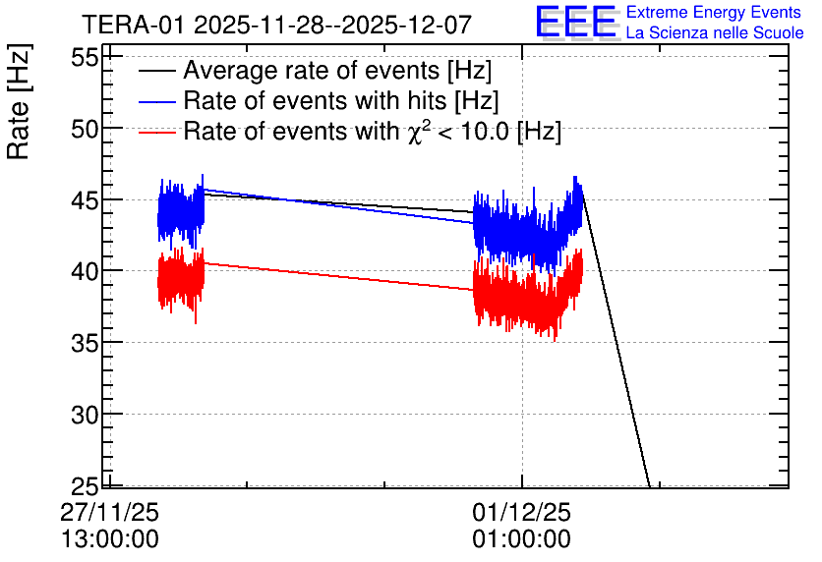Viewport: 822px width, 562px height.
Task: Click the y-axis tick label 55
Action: pos(85,57)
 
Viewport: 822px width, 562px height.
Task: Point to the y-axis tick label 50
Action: pos(85,129)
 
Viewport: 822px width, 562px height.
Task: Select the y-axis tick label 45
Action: pos(85,200)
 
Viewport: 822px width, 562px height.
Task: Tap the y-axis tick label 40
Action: pos(85,271)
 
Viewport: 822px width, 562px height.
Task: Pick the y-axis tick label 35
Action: pos(85,343)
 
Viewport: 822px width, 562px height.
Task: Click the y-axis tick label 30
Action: pos(85,415)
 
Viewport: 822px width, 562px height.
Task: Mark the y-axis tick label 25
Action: pos(85,486)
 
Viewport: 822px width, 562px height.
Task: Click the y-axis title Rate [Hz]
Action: pos(19,101)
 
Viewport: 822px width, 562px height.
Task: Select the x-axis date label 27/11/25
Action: pos(109,512)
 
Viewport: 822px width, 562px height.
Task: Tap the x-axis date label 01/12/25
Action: pos(521,512)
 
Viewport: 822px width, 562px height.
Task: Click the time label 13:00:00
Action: pos(109,539)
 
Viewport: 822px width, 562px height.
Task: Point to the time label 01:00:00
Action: pos(521,539)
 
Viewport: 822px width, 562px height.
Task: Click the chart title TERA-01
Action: pos(133,25)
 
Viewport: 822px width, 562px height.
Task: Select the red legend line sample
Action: pos(156,132)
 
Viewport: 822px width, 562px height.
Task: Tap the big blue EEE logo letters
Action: pos(575,22)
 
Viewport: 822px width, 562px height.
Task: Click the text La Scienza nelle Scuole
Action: pos(715,32)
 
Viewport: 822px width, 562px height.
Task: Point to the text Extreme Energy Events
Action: pos(714,12)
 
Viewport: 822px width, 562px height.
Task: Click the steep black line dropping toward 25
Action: pos(615,336)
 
